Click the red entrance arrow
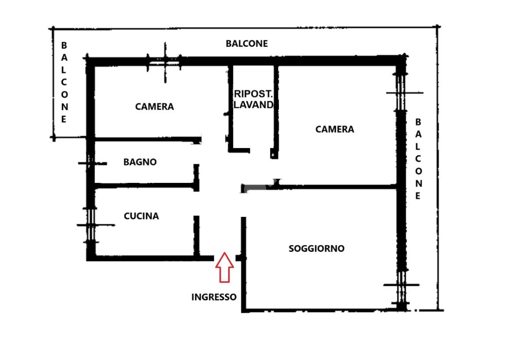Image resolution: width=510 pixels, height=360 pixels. [225, 267]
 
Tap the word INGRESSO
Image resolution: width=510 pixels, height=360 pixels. [214, 297]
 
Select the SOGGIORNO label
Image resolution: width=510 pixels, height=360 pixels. [316, 248]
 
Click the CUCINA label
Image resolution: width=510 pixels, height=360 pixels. [141, 216]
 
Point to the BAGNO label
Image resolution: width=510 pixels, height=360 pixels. [140, 162]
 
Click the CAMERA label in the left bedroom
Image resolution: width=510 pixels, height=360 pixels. [155, 106]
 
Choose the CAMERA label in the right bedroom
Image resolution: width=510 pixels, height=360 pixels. [335, 129]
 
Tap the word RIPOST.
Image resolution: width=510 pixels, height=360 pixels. [253, 94]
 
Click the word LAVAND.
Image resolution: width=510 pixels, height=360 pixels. [254, 105]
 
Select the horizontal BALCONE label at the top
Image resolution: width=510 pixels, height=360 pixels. [247, 44]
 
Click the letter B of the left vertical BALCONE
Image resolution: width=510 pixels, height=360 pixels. [64, 45]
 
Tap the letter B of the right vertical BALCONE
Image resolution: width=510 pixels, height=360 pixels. [418, 122]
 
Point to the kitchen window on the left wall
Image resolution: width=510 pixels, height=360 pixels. [91, 225]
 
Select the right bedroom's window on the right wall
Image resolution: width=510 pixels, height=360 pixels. [402, 93]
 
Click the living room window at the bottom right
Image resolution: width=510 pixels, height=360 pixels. [402, 285]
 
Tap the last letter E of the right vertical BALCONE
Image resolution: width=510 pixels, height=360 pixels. [418, 196]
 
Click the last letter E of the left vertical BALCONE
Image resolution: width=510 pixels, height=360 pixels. [64, 119]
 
